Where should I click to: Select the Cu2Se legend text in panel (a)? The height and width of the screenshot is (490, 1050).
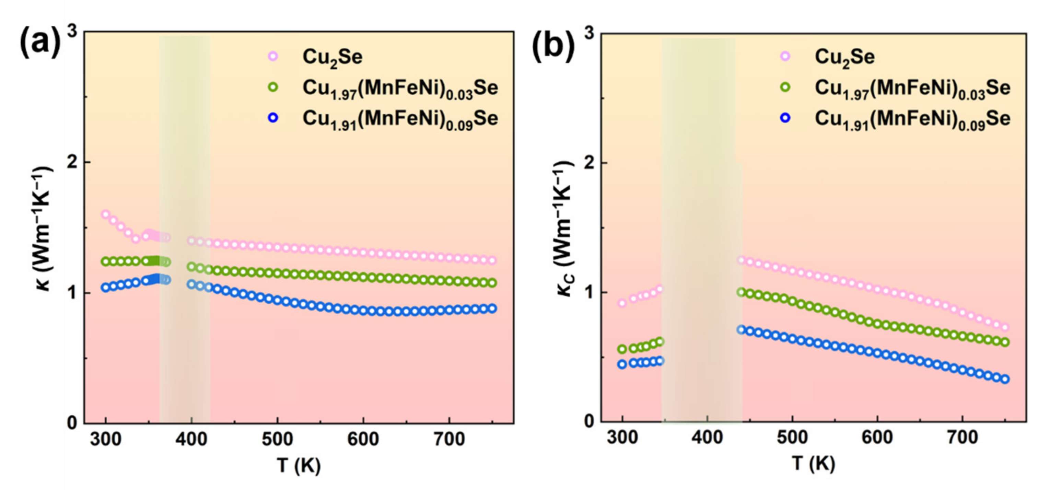(x=332, y=57)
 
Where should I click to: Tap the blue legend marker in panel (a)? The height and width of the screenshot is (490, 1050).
(x=273, y=118)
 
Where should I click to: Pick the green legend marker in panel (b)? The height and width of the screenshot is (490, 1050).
(x=785, y=87)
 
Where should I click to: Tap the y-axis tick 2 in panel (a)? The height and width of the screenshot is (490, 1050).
(x=72, y=163)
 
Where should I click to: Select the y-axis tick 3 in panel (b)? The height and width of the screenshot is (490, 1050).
(x=588, y=33)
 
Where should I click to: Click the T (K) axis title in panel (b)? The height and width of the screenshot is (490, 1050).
(x=814, y=464)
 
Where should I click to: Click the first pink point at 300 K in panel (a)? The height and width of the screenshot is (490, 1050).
(x=106, y=214)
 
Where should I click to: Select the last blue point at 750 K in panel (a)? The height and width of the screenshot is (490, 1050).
(x=492, y=308)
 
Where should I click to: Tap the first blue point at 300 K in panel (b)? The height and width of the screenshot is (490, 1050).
(x=622, y=364)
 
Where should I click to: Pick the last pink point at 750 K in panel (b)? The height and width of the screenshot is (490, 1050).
(x=1005, y=327)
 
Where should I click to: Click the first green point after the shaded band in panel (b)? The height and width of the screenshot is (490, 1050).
(x=741, y=292)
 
